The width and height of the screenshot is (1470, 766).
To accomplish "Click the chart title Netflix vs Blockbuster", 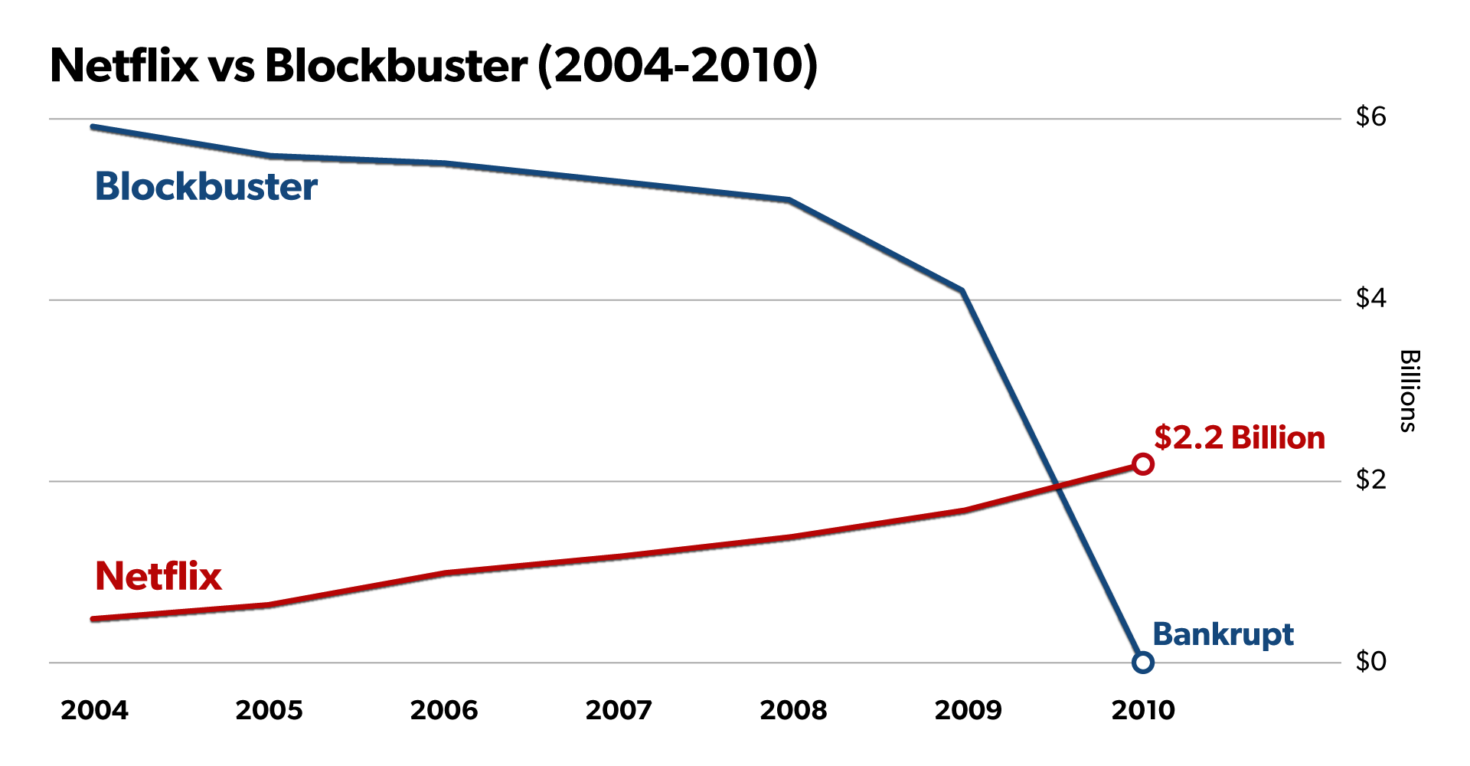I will click(433, 66).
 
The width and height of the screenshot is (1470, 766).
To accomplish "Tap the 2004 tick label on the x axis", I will click(94, 710).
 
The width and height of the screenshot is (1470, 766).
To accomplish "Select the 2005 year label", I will click(269, 710).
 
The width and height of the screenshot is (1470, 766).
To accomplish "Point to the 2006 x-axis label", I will click(443, 710).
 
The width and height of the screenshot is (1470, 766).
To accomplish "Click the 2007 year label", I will click(619, 710).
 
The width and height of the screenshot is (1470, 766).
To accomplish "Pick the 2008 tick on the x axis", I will click(793, 710).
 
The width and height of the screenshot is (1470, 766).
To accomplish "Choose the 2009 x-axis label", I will click(968, 710).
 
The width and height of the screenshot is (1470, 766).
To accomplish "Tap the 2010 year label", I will click(1143, 710).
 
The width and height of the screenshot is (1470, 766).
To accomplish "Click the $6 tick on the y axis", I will click(1370, 116).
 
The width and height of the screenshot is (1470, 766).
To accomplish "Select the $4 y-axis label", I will click(1370, 298).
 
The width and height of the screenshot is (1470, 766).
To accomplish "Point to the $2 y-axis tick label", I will click(1370, 480).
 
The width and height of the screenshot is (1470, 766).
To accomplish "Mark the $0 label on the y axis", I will click(1370, 660).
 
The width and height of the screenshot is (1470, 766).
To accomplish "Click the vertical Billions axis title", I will click(1410, 391).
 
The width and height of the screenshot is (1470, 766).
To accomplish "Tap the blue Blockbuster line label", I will click(206, 187).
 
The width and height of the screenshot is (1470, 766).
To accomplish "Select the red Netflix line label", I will click(158, 576).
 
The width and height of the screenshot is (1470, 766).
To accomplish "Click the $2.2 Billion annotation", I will click(1240, 437).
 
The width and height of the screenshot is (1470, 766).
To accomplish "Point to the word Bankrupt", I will click(1223, 634).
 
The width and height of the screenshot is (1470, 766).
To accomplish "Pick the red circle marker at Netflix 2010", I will click(1143, 464).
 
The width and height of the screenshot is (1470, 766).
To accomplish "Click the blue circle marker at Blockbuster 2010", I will click(1142, 663).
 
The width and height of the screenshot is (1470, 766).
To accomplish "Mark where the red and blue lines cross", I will click(1057, 485).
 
